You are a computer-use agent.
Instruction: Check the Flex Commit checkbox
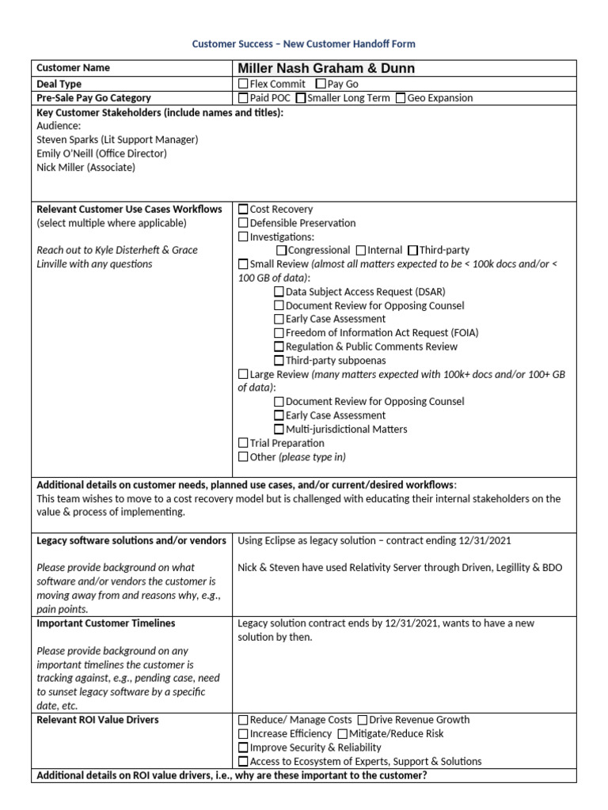[x=243, y=84]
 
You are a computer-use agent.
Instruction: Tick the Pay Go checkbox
[x=320, y=84]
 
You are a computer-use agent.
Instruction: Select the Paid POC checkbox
[x=243, y=98]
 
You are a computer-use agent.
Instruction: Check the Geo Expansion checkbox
[x=401, y=98]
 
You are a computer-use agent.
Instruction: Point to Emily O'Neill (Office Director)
[x=101, y=153]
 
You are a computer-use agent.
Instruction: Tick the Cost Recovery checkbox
[x=243, y=210]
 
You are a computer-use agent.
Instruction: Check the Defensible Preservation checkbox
[x=243, y=223]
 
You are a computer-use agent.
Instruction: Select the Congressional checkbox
[x=281, y=251]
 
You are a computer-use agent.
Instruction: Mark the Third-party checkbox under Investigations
[x=412, y=251]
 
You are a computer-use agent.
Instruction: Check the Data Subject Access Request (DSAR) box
[x=279, y=292]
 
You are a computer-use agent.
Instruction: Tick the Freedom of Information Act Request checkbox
[x=279, y=333]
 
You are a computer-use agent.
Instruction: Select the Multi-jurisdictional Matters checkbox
[x=279, y=430]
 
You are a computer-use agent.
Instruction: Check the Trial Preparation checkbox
[x=243, y=444]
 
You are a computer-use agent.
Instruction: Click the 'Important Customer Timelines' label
[x=106, y=623]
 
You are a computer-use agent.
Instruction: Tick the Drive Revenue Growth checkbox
[x=362, y=721]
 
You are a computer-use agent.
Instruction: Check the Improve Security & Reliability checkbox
[x=243, y=748]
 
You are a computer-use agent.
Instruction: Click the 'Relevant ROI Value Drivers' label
[x=97, y=720]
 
